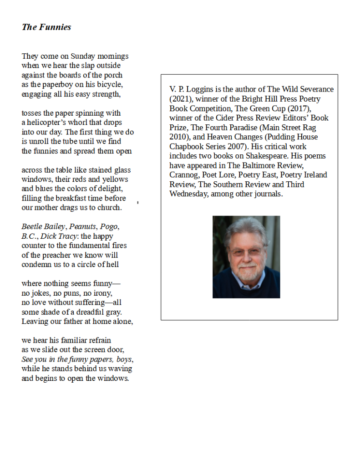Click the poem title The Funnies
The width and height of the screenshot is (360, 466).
(x=46, y=27)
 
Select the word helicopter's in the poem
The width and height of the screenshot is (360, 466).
(x=46, y=123)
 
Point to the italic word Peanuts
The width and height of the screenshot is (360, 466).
(x=82, y=226)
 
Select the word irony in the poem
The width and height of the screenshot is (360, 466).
(x=101, y=293)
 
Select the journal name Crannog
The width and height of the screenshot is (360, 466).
(x=183, y=175)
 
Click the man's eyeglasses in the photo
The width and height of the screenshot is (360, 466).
(x=246, y=251)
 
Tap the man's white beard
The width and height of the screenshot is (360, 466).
(x=246, y=273)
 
